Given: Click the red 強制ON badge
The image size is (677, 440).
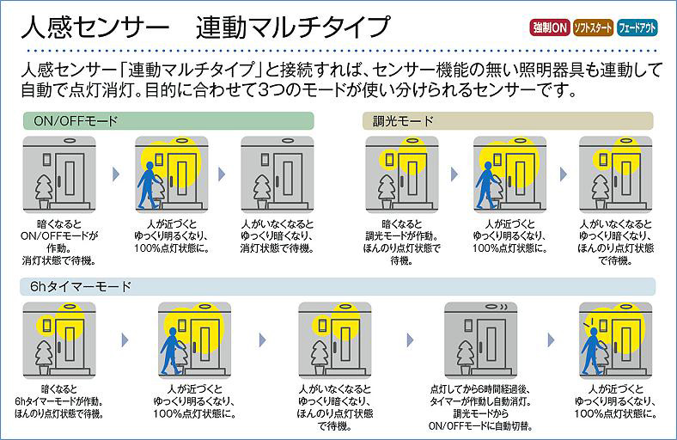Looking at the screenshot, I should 549,28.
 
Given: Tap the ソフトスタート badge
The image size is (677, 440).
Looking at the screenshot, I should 594,28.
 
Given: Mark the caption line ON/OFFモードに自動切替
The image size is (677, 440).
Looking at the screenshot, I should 481,425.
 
